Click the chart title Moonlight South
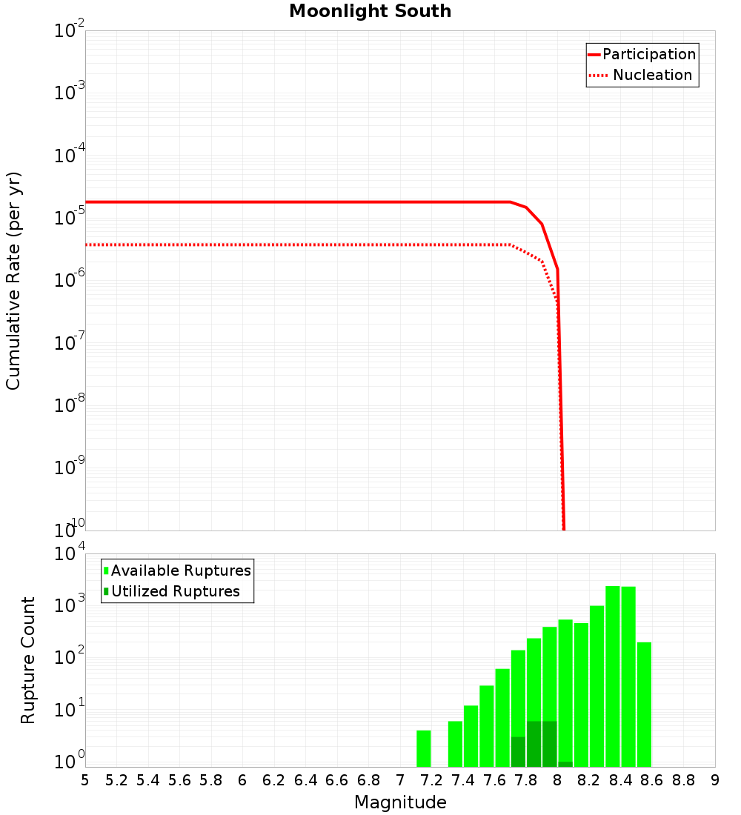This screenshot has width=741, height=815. pos(370,11)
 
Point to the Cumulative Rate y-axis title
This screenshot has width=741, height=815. pos(13,281)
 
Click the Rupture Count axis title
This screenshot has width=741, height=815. pos(28,660)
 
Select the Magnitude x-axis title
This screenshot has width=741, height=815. pos(400,802)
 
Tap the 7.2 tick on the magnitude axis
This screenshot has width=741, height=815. pos(431,780)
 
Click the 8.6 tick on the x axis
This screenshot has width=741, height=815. pos(652,780)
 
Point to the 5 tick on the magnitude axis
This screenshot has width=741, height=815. pos(85,780)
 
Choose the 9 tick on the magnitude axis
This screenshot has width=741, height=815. pos(715,780)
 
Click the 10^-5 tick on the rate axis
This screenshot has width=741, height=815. pos(69,218)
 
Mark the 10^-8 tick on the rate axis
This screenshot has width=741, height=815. pos(69,405)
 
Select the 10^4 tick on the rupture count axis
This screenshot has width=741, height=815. pos(69,556)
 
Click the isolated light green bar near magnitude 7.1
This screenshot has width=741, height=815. pos(423,748)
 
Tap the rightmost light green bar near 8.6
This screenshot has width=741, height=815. pos(644,704)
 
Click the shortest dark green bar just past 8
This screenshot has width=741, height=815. pos(565,764)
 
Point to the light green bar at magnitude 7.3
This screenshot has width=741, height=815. pos(455,744)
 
